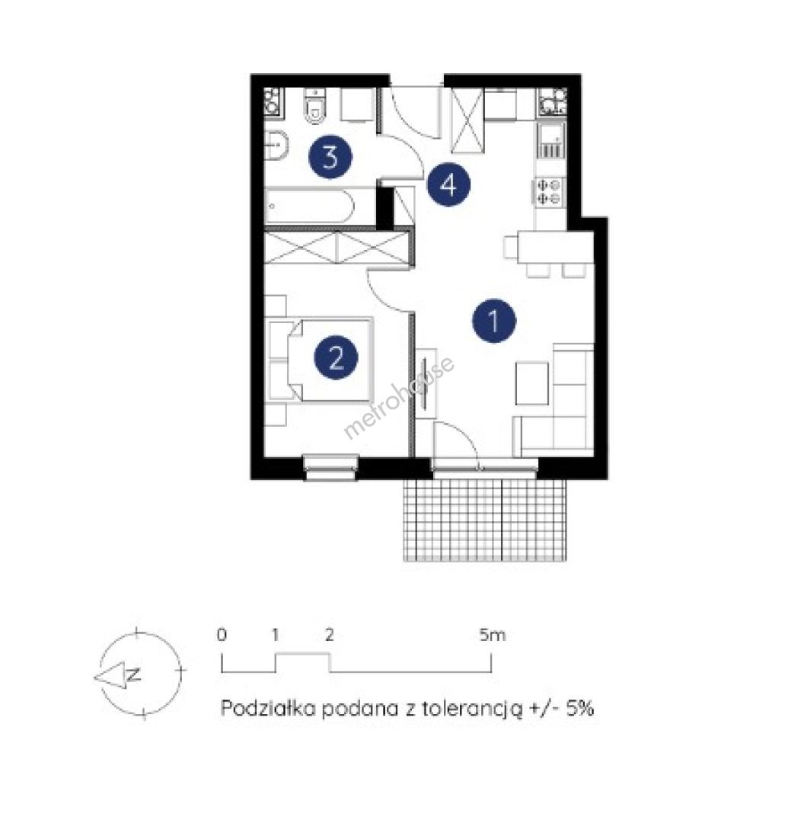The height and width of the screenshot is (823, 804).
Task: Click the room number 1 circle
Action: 494,321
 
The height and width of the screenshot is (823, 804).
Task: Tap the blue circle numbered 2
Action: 337,358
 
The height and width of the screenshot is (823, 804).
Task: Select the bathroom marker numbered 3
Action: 330,156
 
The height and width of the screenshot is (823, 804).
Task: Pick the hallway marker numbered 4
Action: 448,184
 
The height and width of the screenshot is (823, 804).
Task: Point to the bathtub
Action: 309,207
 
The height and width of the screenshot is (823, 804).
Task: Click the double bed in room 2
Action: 321,360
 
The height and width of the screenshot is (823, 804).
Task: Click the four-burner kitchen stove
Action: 550,192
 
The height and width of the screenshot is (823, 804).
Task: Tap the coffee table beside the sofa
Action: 531,383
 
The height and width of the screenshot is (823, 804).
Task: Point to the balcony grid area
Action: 485,520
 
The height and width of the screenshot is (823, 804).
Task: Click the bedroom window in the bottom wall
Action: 331,468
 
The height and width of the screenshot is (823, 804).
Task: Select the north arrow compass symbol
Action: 140,674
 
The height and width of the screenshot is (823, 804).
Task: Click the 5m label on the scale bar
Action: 492,635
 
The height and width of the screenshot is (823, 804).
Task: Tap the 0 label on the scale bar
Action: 222,635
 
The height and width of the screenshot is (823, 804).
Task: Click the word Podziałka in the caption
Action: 268,708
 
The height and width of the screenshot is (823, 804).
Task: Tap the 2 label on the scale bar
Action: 329,635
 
